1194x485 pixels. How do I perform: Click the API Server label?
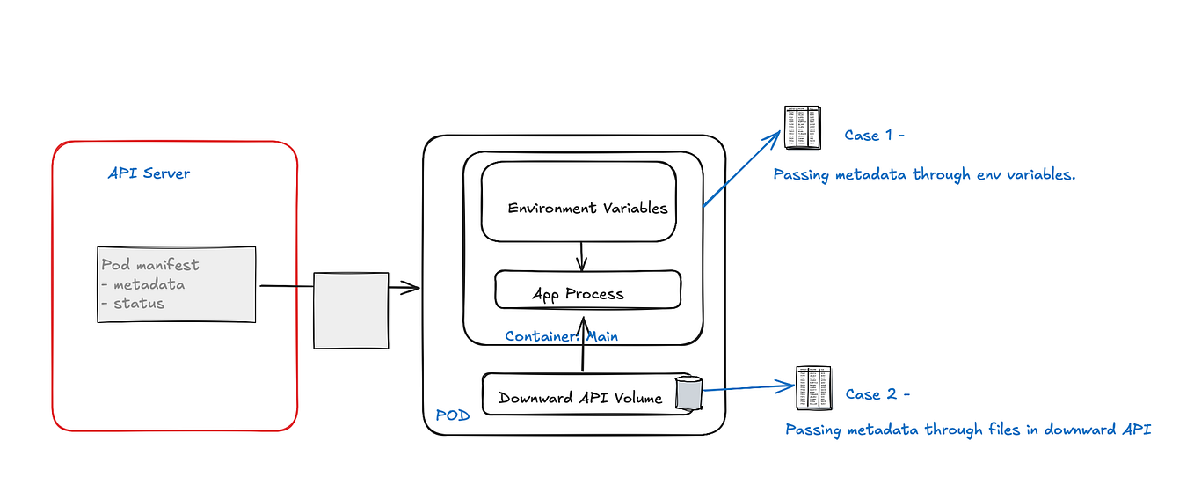[x=148, y=173]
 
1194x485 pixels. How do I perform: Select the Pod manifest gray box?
[x=176, y=284]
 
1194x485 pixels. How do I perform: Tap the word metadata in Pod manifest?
[x=149, y=284]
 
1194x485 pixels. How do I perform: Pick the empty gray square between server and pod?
[x=351, y=310]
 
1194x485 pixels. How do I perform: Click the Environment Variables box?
[x=579, y=202]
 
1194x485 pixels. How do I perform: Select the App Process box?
[x=587, y=290]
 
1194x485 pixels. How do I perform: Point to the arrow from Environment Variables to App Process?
[x=580, y=256]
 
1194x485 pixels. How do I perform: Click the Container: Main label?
[x=561, y=336]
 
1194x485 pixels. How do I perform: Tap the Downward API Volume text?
[x=579, y=398]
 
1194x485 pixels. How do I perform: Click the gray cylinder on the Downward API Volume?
[x=688, y=393]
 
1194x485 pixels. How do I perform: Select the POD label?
[x=453, y=415]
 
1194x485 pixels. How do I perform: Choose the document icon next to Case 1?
[x=801, y=127]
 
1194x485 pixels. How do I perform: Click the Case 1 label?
[x=874, y=136]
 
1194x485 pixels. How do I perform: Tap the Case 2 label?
[x=877, y=394]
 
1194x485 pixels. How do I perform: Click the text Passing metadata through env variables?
[x=924, y=174]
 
